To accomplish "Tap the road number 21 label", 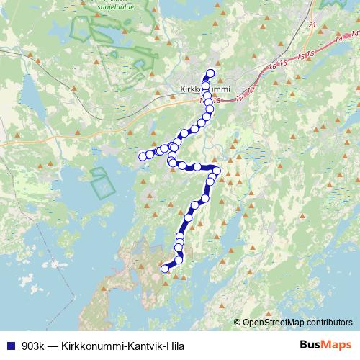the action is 312,24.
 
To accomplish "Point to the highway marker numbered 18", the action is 217,102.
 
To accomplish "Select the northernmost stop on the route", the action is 211,72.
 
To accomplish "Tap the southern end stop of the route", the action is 165,269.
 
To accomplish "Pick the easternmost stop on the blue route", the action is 217,171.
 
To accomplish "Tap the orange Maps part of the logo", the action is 337,345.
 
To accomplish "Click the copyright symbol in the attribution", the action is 238,323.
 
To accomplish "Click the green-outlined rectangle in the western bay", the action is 103,183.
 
